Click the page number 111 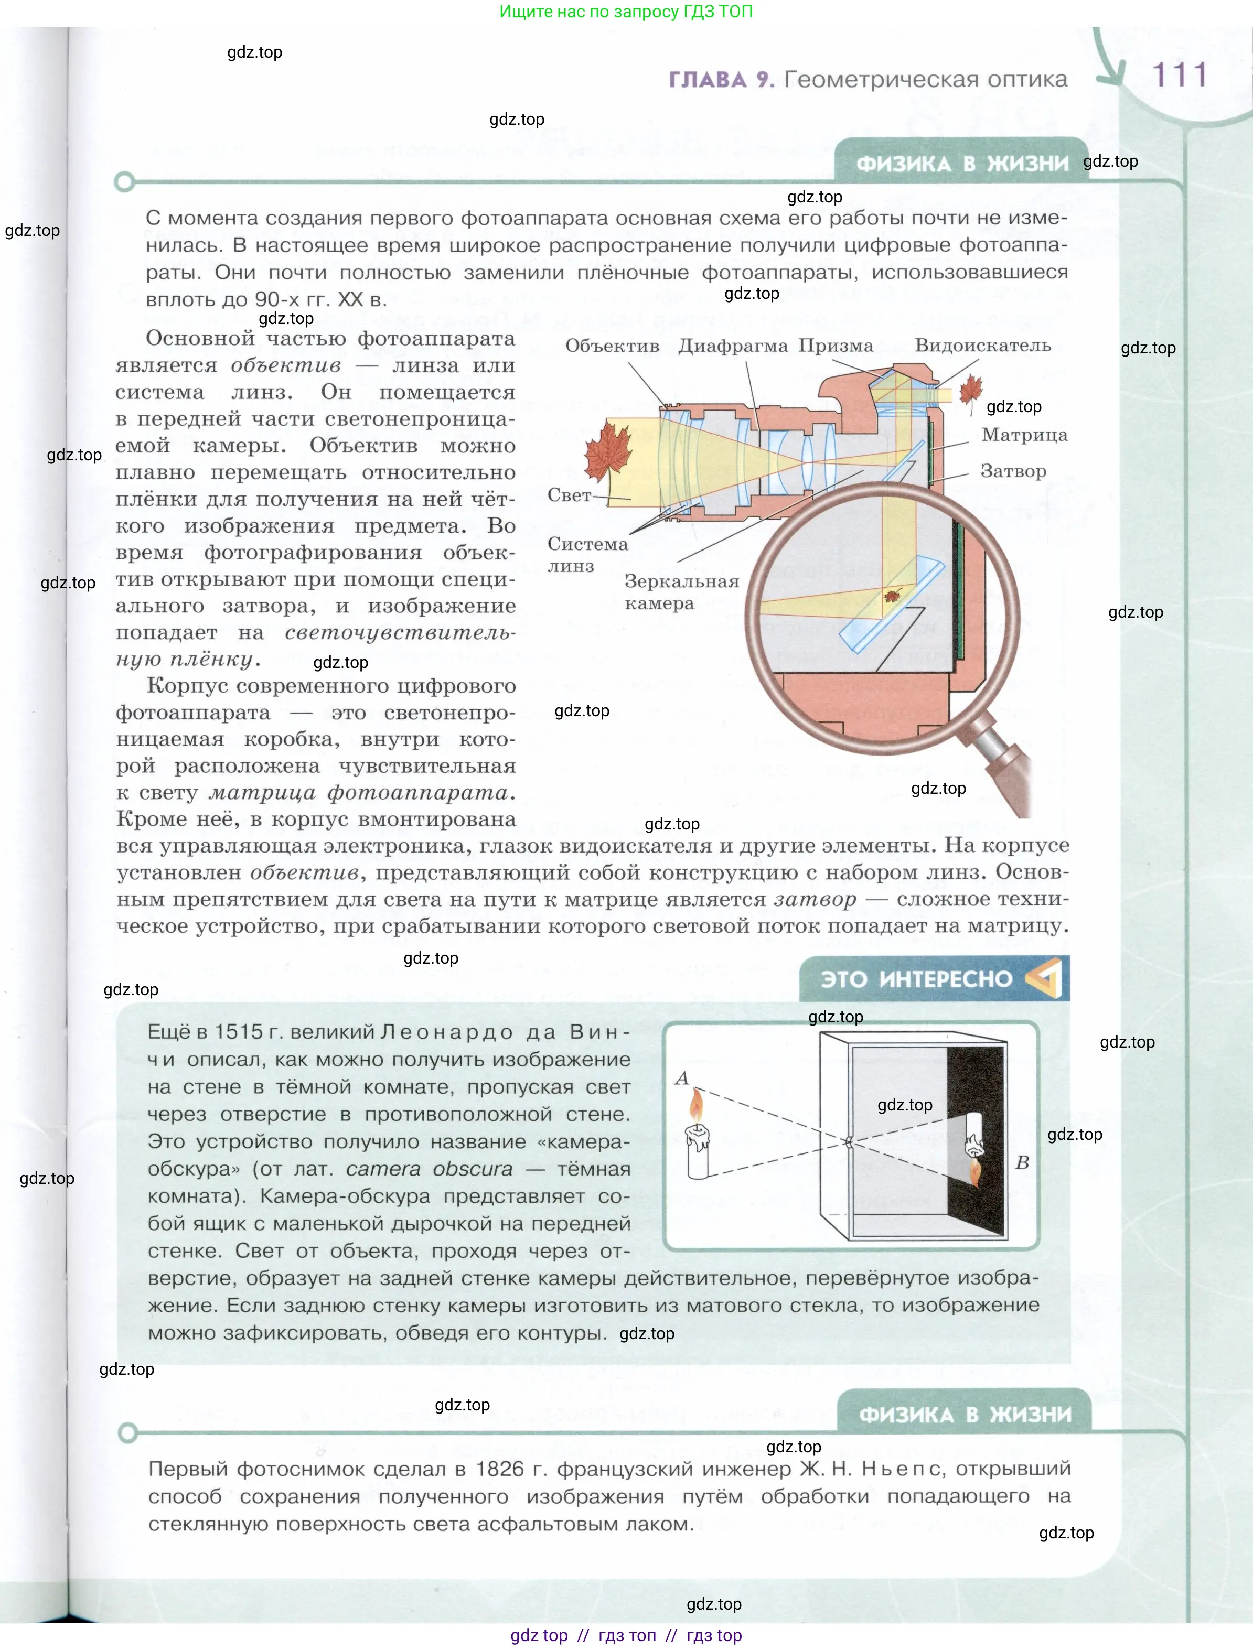point(1179,76)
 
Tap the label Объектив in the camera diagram point(612,346)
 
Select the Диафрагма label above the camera point(733,346)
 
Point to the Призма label point(836,346)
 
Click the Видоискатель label point(983,346)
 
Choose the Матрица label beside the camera point(1024,435)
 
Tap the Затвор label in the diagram point(1013,471)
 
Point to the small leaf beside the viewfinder point(970,390)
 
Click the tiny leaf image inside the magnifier point(892,595)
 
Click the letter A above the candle point(681,1078)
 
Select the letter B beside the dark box point(1022,1163)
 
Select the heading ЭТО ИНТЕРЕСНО point(916,979)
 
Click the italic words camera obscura point(429,1169)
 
